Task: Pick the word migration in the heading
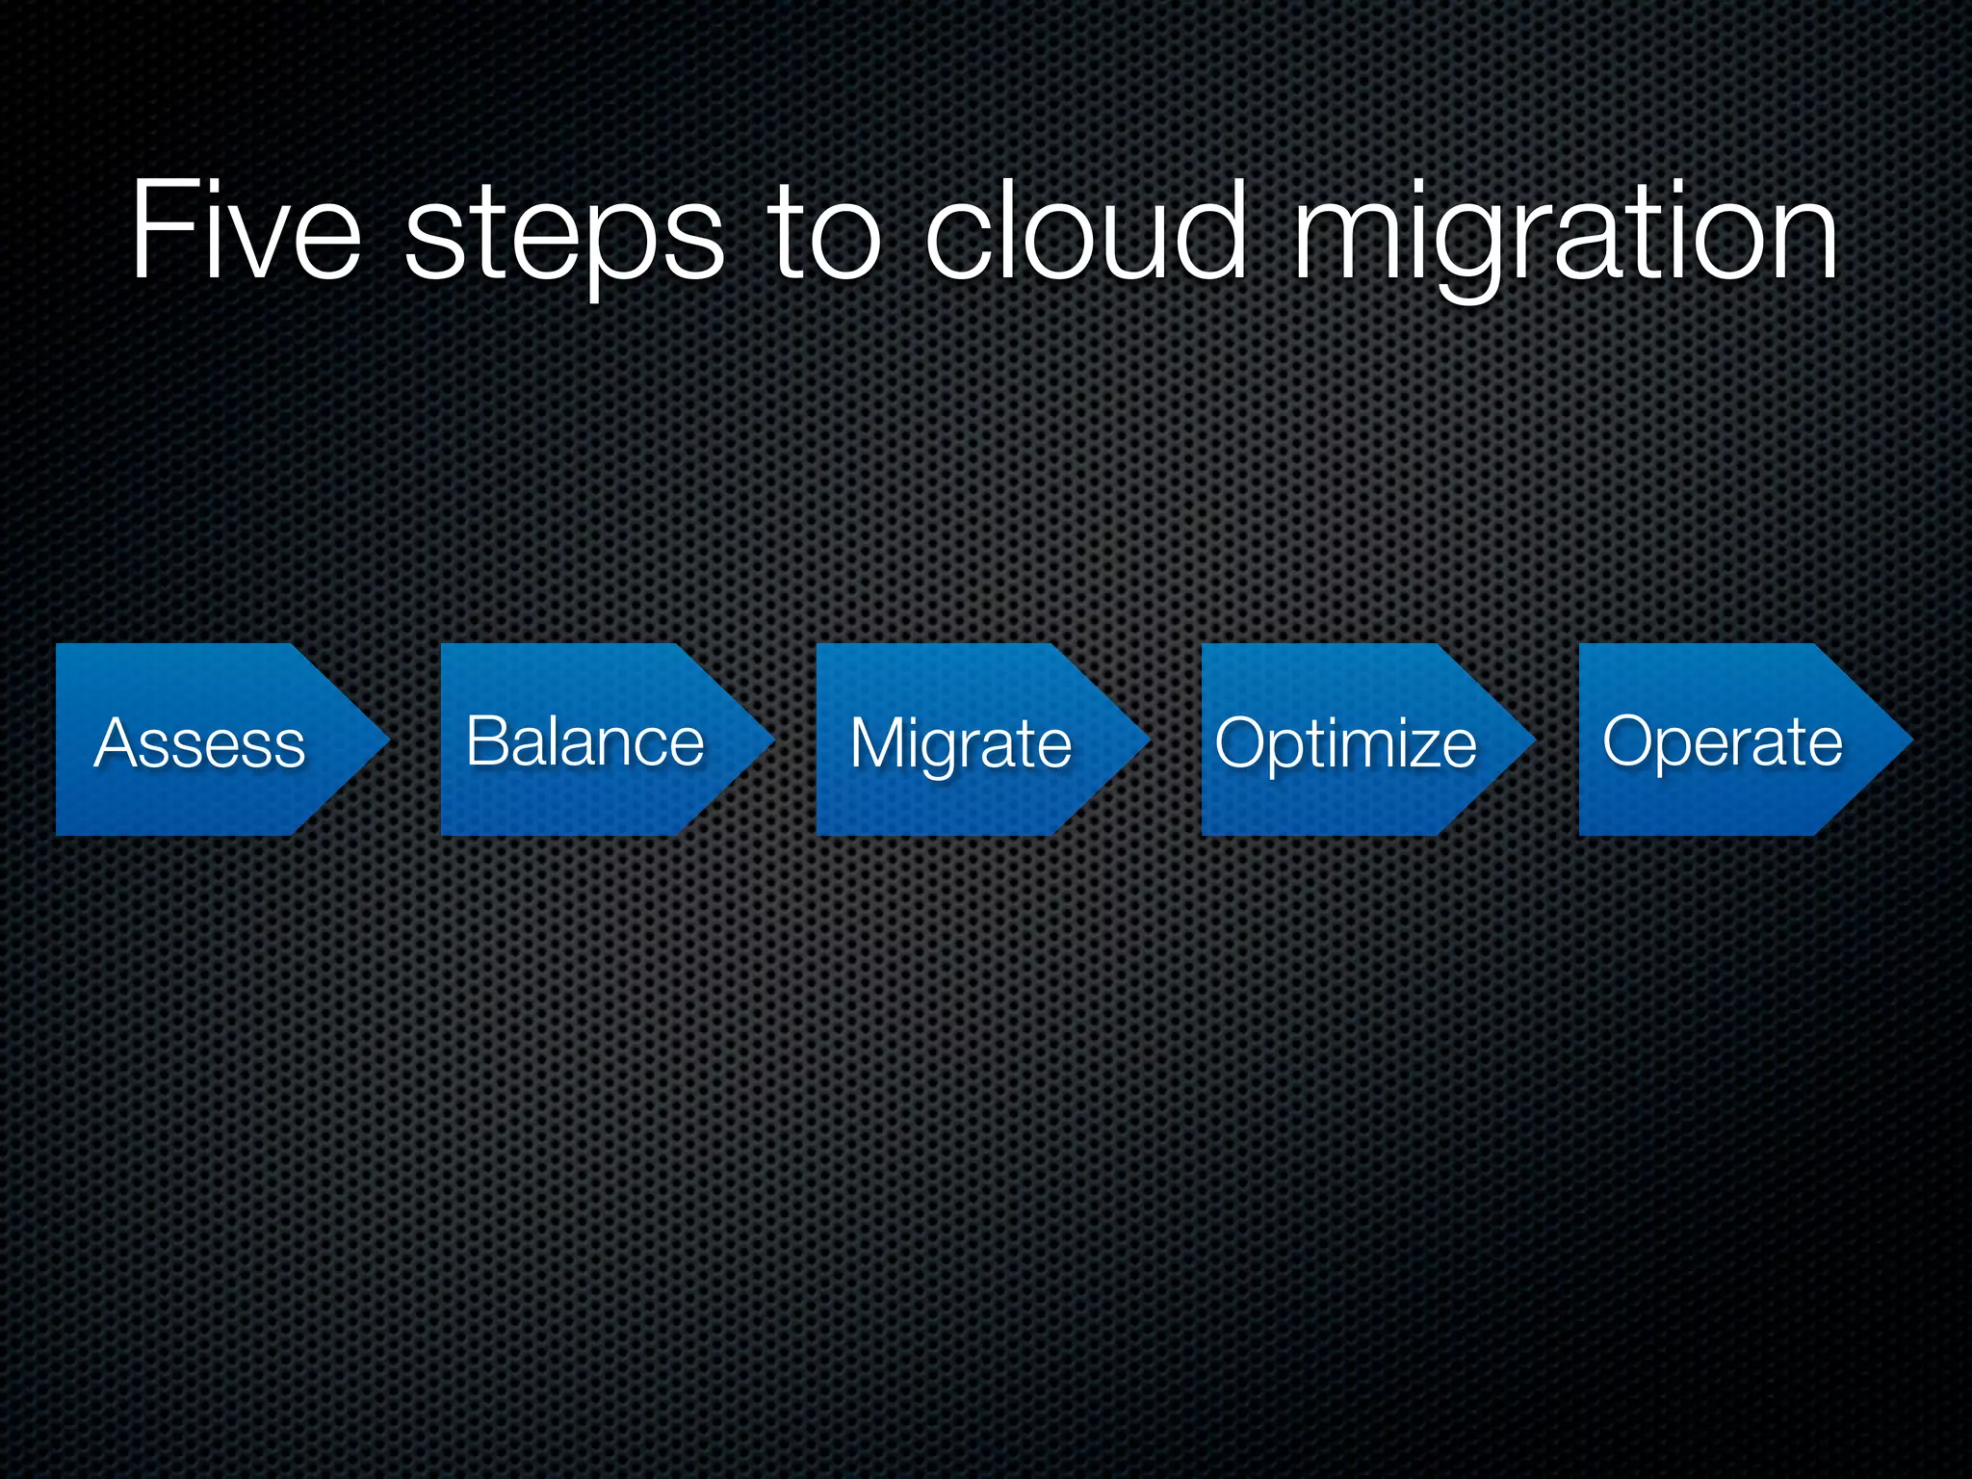coord(1566,237)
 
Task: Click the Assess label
coord(200,743)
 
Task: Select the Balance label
coord(584,741)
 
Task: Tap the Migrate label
coord(961,743)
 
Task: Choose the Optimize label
coord(1345,743)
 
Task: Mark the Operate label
coord(1723,741)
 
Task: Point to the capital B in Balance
coord(488,741)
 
